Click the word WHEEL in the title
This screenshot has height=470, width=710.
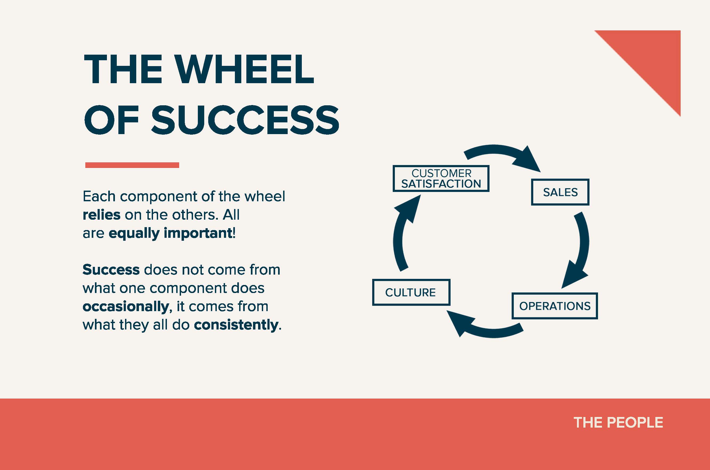click(x=244, y=69)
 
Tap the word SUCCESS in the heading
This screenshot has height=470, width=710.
click(x=245, y=120)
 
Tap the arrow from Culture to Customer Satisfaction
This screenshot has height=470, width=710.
click(x=398, y=240)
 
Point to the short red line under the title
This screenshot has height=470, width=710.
click(x=132, y=165)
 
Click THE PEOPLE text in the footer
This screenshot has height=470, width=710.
click(x=618, y=423)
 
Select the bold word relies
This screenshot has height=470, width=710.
click(x=102, y=215)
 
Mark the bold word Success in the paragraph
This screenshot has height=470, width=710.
click(x=111, y=270)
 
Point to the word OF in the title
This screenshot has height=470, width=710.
click(x=112, y=120)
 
